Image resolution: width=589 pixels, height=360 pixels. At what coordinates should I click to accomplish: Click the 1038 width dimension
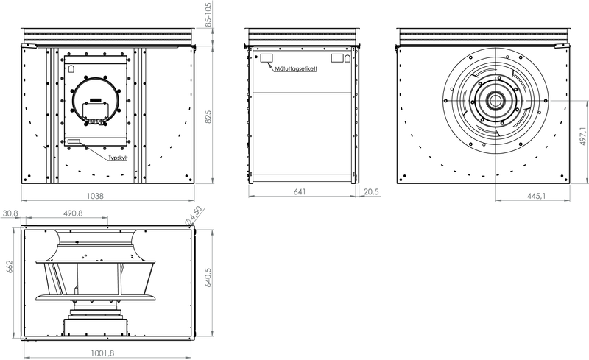click(x=95, y=195)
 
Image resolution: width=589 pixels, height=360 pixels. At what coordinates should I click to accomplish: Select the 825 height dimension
click(x=208, y=116)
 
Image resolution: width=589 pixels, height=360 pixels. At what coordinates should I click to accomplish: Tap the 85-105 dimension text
click(x=209, y=13)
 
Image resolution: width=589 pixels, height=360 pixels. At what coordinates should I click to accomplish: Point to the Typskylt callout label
click(x=118, y=158)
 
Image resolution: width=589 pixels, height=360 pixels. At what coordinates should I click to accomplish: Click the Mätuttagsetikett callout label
click(x=296, y=68)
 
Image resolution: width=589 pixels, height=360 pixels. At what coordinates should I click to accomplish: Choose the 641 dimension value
click(x=300, y=191)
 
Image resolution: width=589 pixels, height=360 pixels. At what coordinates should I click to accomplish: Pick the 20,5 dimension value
click(x=372, y=191)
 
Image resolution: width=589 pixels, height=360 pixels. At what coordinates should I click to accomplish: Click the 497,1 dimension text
click(x=583, y=136)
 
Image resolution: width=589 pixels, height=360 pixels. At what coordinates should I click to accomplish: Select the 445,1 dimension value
click(x=537, y=195)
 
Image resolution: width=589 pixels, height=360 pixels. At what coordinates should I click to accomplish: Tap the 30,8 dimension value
click(x=10, y=213)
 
